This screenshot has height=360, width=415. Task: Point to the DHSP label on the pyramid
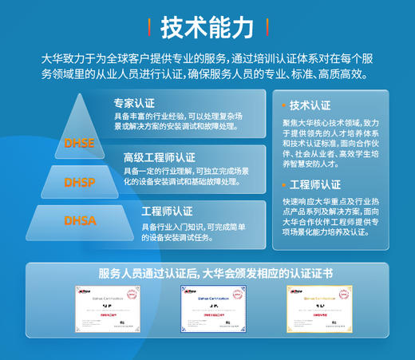click(79, 183)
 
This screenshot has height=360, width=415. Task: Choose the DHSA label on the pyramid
click(79, 220)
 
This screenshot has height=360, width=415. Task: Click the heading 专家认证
click(134, 104)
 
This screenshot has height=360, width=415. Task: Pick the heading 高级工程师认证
click(159, 157)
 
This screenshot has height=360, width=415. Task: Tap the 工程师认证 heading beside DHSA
click(166, 212)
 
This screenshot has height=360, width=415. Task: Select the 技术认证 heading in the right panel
click(310, 105)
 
